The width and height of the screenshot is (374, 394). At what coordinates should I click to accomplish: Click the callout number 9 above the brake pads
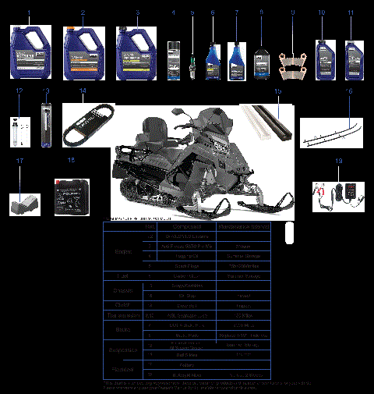(292, 13)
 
